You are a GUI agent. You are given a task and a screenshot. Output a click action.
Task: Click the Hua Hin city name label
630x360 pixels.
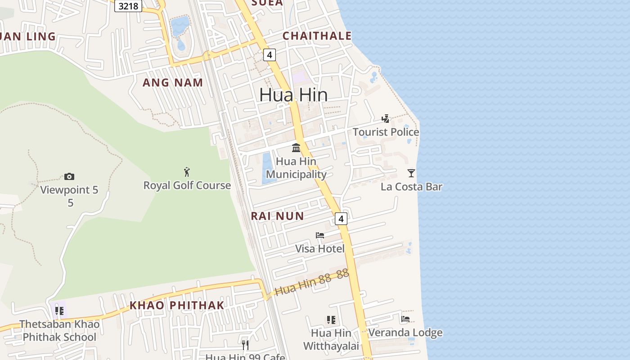coord(293,95)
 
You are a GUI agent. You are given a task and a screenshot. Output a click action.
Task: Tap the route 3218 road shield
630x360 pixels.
coord(128,6)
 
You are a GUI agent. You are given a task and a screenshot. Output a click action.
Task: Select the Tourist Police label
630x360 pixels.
coord(386,132)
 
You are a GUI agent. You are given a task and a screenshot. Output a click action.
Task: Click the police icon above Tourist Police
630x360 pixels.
coord(386,119)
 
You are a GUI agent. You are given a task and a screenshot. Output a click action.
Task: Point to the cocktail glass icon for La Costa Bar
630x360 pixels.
coord(411,173)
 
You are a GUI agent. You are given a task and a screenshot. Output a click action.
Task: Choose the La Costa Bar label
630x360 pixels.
coord(411,186)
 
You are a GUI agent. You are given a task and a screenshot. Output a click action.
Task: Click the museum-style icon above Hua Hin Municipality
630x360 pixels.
coord(296,148)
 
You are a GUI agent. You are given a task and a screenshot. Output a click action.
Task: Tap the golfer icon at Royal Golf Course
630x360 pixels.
coord(187,171)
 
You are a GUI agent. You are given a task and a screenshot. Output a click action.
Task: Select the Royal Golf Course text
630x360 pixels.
coord(187,185)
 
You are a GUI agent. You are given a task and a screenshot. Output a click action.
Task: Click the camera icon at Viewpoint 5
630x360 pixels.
coord(69,176)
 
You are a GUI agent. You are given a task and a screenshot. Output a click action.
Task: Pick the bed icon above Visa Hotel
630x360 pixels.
coord(320,235)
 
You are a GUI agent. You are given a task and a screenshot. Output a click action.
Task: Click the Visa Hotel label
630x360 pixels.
coord(319,249)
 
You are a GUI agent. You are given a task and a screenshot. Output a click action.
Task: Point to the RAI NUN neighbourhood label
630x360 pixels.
coord(277,216)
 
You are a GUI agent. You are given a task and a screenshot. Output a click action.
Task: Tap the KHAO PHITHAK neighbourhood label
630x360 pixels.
coord(177,306)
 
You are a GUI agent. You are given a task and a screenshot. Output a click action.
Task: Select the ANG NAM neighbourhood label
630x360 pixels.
coord(173,83)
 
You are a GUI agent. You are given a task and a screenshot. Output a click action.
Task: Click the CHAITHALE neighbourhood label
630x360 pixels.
coord(317,36)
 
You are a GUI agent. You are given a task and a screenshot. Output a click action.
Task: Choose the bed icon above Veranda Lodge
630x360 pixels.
coord(405,319)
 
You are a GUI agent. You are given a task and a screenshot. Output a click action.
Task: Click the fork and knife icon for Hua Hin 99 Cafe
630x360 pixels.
coord(245,345)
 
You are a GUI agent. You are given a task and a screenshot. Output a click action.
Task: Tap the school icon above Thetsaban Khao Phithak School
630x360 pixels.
coord(59,310)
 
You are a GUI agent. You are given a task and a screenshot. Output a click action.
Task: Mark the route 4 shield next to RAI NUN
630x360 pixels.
coord(341,219)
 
